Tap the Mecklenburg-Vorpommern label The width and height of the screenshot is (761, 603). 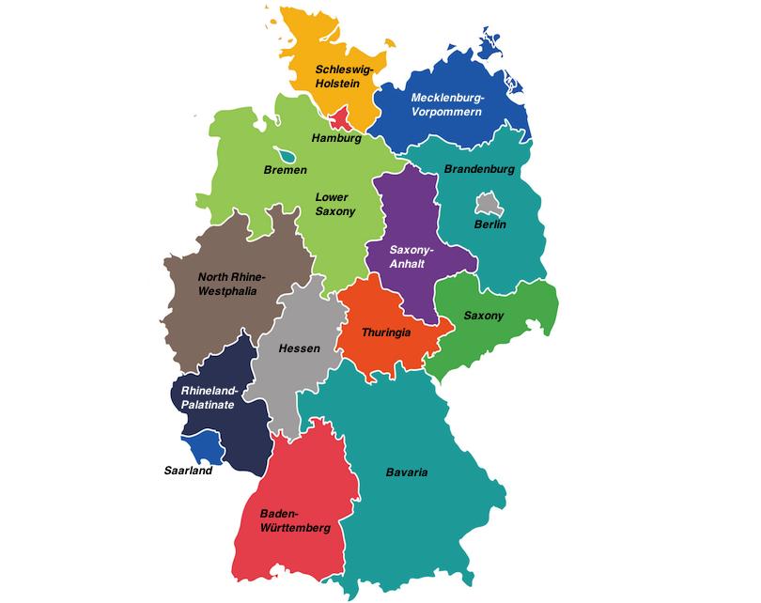[x=446, y=105]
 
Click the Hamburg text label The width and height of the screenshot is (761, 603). [x=336, y=138]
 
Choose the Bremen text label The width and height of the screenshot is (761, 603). [x=286, y=171]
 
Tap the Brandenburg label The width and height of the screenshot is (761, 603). [x=479, y=169]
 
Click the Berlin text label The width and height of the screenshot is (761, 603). [x=489, y=224]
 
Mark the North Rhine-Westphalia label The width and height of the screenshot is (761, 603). [x=232, y=284]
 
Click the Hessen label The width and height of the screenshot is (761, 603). [x=300, y=348]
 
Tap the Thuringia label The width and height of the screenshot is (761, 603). [x=387, y=332]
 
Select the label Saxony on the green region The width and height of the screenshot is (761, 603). [x=484, y=316]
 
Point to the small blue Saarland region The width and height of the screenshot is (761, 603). [x=209, y=451]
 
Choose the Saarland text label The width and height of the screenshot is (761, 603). [x=188, y=471]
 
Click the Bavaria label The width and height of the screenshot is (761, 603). [x=407, y=472]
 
